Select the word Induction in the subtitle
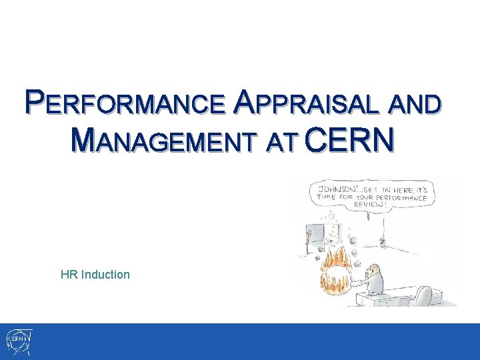(105, 274)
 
